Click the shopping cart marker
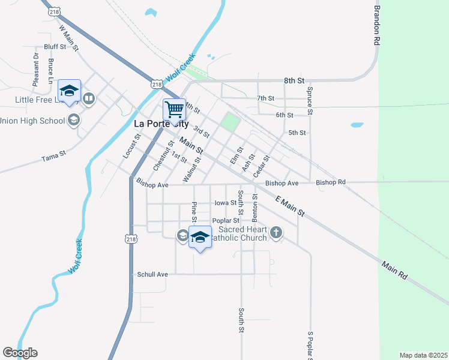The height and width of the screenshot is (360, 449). coord(174,110)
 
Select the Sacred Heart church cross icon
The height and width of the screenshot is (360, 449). coord(276,233)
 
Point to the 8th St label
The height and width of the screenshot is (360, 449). coord(294,80)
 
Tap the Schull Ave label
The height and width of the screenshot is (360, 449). coord(152,274)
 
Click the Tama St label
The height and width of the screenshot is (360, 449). coord(53,158)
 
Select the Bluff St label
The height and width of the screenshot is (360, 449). coord(55,46)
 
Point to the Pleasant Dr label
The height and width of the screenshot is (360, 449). coord(35,67)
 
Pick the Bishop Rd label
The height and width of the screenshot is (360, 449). coord(331,182)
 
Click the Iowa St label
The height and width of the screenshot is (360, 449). coord(225,203)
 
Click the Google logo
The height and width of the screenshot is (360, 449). coord(20,353)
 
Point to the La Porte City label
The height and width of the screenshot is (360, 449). coord(161,124)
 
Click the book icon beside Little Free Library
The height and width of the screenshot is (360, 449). coord(89,98)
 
